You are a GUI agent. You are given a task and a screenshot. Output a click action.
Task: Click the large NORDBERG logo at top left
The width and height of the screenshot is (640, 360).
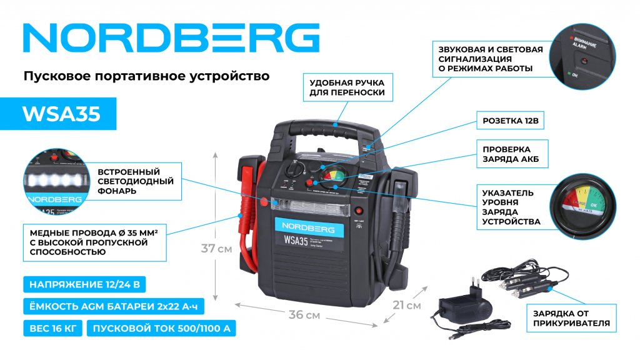coord(171,38)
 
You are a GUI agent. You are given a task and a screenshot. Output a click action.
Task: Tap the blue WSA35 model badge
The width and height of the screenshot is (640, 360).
coord(61,114)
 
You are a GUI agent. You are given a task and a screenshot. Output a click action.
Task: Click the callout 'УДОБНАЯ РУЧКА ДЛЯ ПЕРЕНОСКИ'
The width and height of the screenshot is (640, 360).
coord(347,88)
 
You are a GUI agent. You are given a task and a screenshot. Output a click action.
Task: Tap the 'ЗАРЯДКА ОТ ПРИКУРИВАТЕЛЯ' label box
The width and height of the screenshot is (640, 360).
coord(571,319)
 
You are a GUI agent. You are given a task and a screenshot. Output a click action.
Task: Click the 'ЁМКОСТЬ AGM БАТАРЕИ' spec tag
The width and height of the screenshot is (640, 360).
coord(114,307)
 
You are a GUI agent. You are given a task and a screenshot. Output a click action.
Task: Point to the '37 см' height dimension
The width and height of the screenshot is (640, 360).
coord(216,248)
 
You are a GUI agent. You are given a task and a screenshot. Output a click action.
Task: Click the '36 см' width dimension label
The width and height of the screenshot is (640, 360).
coord(304,315)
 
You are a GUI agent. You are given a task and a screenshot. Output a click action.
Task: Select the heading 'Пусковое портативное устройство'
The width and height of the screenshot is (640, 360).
coord(146,76)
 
